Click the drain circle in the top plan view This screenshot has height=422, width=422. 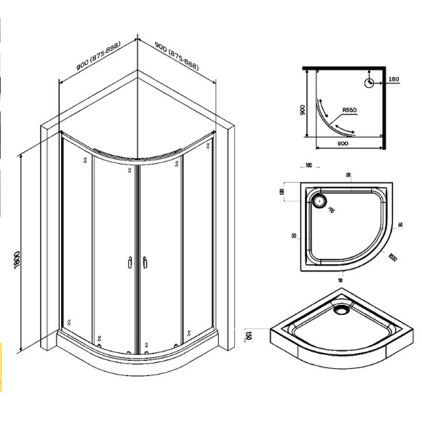[371, 83]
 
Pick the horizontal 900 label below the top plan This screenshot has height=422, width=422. [344, 143]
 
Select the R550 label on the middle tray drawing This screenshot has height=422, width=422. [392, 257]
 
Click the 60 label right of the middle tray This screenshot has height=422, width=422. [402, 226]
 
